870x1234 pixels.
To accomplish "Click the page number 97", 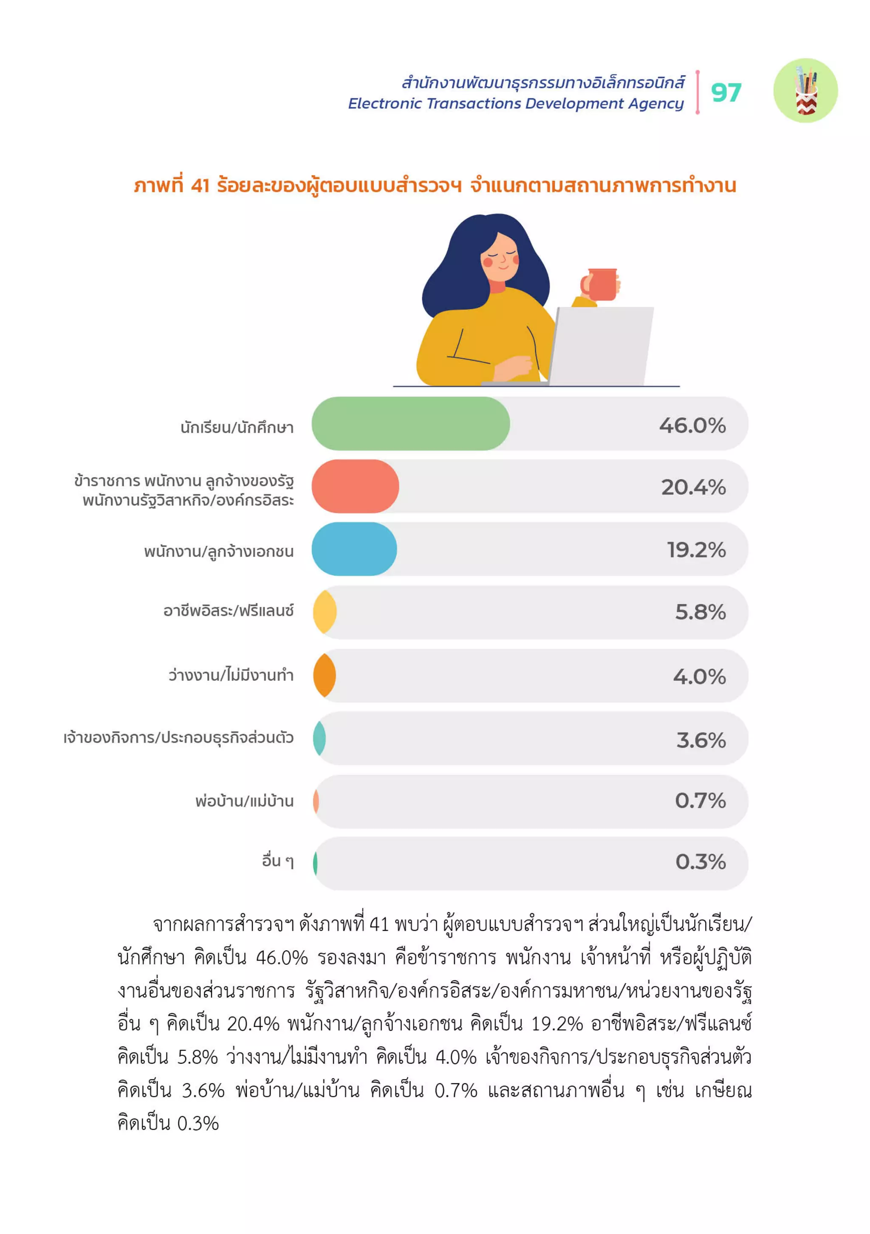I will point(726,93).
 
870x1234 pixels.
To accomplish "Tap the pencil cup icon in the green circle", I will point(805,91).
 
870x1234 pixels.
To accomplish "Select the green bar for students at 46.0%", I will point(410,423).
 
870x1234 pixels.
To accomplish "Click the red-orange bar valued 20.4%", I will point(355,486).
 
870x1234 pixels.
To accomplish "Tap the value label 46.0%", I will point(692,425).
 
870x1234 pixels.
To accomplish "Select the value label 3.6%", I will point(701,740).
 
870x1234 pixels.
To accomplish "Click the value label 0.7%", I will point(700,801).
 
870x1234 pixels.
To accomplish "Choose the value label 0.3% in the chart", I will point(700,862).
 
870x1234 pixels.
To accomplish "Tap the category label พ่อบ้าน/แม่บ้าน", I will point(244,801).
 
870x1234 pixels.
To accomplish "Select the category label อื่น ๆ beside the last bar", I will point(277,861).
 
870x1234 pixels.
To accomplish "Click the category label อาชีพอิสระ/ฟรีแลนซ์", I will point(228,611).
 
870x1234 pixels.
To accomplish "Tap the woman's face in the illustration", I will point(500,257).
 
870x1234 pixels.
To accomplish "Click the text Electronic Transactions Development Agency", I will point(515,103).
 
